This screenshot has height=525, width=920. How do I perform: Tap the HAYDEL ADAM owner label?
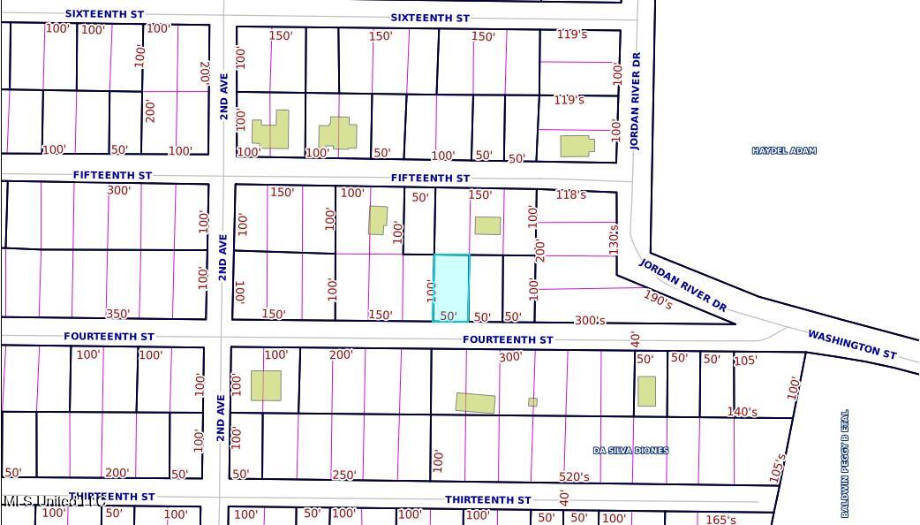pyautogui.click(x=783, y=151)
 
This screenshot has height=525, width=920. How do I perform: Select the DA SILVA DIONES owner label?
pyautogui.click(x=630, y=451)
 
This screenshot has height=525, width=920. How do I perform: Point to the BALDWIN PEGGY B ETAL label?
pyautogui.click(x=845, y=463)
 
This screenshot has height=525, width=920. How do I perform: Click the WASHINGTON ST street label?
pyautogui.click(x=852, y=344)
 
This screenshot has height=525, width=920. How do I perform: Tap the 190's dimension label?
pyautogui.click(x=658, y=301)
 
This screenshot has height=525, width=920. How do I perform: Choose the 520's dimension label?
pyautogui.click(x=574, y=477)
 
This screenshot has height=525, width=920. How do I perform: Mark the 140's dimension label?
pyautogui.click(x=742, y=412)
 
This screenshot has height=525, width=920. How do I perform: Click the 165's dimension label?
pyautogui.click(x=720, y=520)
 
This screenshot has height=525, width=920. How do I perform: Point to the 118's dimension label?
pyautogui.click(x=571, y=194)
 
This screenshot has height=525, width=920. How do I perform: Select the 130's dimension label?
pyautogui.click(x=614, y=239)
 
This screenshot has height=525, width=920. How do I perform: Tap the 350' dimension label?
pyautogui.click(x=117, y=314)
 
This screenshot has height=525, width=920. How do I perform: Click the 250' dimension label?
pyautogui.click(x=343, y=475)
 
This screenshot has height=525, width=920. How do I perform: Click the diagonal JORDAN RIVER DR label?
pyautogui.click(x=683, y=285)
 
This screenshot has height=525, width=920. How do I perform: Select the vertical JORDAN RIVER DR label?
pyautogui.click(x=635, y=100)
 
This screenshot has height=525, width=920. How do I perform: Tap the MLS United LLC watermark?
pyautogui.click(x=55, y=501)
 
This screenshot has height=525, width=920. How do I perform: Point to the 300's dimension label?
pyautogui.click(x=590, y=320)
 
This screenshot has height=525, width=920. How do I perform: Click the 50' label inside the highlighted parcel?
pyautogui.click(x=449, y=316)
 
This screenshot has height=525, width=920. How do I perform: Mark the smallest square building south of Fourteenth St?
pyautogui.click(x=532, y=402)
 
